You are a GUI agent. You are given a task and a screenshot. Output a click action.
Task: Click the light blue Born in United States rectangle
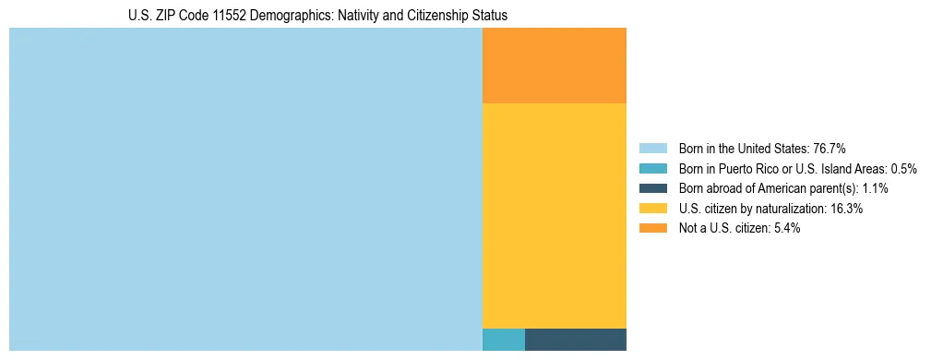pyautogui.click(x=245, y=189)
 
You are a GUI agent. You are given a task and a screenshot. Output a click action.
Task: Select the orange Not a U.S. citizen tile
pyautogui.click(x=554, y=66)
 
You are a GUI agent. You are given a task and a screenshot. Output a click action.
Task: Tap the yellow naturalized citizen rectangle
pyautogui.click(x=554, y=215)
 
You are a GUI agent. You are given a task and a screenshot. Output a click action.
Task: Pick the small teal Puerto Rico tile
pyautogui.click(x=503, y=339)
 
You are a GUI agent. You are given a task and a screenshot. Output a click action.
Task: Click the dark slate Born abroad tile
pyautogui.click(x=575, y=339)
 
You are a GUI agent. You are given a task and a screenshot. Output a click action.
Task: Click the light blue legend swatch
pyautogui.click(x=652, y=149)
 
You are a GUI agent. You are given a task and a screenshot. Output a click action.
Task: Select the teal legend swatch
pyautogui.click(x=652, y=169)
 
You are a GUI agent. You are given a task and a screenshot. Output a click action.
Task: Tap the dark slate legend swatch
pyautogui.click(x=652, y=188)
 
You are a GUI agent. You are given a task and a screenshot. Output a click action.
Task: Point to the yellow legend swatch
pyautogui.click(x=652, y=209)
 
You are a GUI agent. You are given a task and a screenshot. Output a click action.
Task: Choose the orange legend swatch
pyautogui.click(x=652, y=228)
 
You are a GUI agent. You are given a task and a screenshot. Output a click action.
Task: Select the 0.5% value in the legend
pyautogui.click(x=901, y=169)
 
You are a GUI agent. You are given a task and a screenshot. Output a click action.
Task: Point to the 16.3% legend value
pyautogui.click(x=846, y=209)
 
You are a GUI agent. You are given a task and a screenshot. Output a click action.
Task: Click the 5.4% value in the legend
pyautogui.click(x=785, y=228)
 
